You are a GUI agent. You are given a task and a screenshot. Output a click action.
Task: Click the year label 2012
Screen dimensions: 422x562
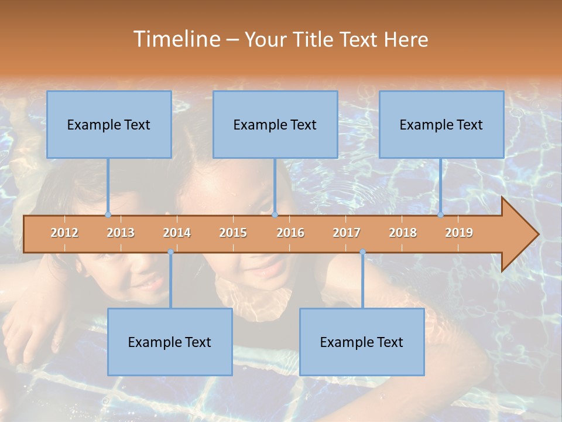(x=64, y=233)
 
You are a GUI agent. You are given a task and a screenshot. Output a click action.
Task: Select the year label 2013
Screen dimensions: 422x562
(x=121, y=233)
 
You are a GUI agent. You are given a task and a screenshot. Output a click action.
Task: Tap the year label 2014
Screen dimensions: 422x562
(x=177, y=233)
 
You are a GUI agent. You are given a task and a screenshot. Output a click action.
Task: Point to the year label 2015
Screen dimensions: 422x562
(x=233, y=233)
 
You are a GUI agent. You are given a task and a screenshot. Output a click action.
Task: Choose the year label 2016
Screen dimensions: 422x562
(x=290, y=233)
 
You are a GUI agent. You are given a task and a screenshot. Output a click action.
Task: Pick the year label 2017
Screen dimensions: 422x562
(x=347, y=233)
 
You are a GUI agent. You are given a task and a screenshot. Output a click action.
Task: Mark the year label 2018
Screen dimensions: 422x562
(x=403, y=233)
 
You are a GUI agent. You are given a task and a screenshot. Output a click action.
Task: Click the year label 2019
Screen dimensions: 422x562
(x=459, y=233)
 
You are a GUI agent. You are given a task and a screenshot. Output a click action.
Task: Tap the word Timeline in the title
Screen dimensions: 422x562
(x=176, y=39)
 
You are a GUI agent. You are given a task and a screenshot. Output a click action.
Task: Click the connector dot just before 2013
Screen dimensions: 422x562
(x=108, y=215)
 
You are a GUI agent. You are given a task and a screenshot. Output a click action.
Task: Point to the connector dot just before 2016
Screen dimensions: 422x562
(x=275, y=215)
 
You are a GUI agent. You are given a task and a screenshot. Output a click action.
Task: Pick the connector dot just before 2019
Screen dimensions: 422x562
(x=441, y=215)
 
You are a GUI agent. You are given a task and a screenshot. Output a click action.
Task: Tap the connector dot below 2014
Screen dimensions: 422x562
(x=170, y=252)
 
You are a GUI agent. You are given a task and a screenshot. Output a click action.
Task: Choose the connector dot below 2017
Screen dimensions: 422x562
(x=362, y=252)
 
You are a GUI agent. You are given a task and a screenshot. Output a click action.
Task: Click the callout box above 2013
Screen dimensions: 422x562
(x=109, y=124)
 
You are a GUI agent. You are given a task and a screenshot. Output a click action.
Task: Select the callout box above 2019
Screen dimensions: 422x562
(x=441, y=124)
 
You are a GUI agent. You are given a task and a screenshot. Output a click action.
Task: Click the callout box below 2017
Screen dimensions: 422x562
(x=362, y=342)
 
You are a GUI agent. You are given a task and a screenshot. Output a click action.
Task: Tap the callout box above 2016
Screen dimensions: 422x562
(x=275, y=124)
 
